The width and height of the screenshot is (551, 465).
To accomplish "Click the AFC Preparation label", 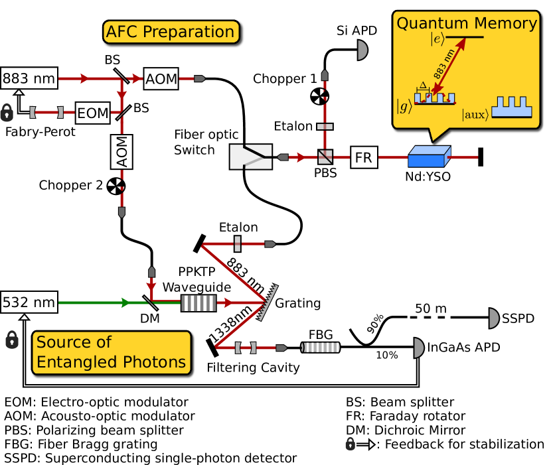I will click(x=171, y=32).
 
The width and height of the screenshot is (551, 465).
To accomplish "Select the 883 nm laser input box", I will click(x=29, y=78).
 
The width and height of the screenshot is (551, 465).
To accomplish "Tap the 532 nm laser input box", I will click(x=29, y=302).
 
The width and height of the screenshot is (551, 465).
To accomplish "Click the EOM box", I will click(x=92, y=113).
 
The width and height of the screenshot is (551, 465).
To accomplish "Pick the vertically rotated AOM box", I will click(x=121, y=152).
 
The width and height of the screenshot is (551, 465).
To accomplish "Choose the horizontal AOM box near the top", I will click(x=161, y=79).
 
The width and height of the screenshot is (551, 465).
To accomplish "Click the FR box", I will click(x=363, y=157).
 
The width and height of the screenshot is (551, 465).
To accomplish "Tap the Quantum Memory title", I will click(x=466, y=24).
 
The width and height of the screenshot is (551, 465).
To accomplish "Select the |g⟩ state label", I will click(x=404, y=105).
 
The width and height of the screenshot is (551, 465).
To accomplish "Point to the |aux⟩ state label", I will click(x=475, y=115).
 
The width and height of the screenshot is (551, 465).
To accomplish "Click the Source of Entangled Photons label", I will click(x=111, y=352).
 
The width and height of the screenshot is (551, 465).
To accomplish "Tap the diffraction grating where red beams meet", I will click(x=268, y=302).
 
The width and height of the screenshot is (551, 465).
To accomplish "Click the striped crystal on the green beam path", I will click(x=198, y=302).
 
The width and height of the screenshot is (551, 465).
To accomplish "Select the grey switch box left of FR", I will click(x=251, y=157).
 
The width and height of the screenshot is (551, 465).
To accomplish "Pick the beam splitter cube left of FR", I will click(x=325, y=157).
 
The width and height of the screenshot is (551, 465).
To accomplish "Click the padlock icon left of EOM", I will click(x=7, y=113).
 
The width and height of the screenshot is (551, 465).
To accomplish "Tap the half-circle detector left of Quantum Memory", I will click(x=362, y=50).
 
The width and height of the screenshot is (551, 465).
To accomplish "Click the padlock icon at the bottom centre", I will click(x=351, y=444).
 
